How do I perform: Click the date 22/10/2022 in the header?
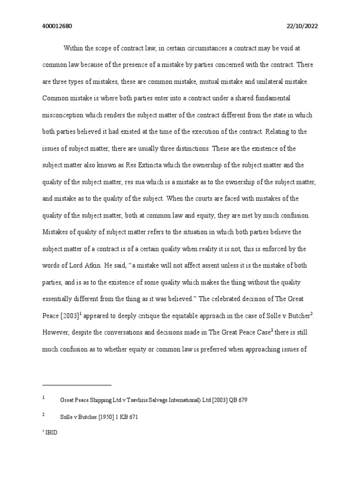point(302,26)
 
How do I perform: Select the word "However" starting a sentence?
point(55,332)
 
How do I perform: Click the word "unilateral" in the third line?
point(262,81)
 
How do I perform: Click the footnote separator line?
point(77,385)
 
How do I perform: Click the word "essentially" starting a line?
point(58,299)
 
